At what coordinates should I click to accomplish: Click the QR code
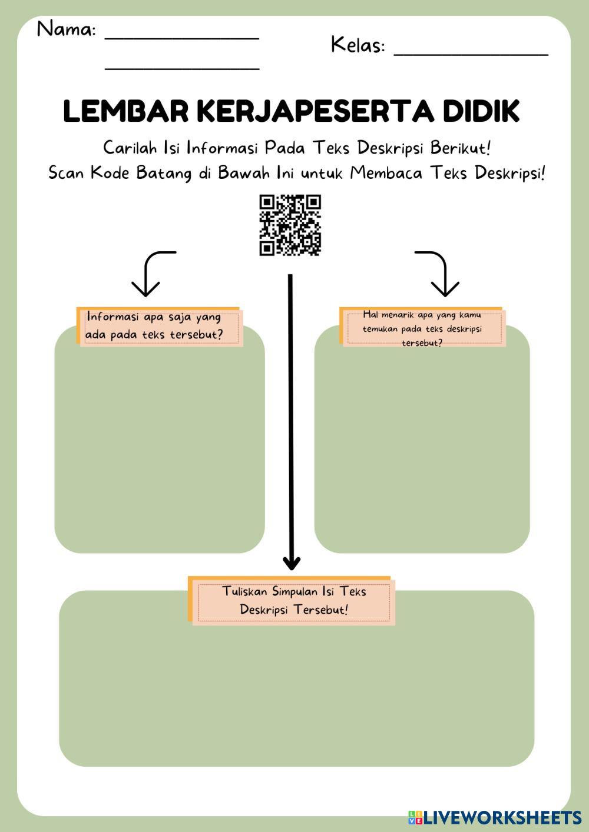[290, 225]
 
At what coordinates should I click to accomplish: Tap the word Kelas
[358, 45]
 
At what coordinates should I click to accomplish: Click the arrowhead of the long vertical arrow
[291, 562]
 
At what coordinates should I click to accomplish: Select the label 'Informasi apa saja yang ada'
[154, 325]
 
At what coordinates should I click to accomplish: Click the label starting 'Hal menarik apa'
[422, 328]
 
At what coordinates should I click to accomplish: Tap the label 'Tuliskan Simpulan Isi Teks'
[294, 600]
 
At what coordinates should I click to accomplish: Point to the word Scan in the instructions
[67, 173]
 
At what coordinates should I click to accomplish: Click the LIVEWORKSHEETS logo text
[502, 817]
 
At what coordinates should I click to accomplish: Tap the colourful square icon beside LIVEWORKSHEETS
[415, 817]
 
